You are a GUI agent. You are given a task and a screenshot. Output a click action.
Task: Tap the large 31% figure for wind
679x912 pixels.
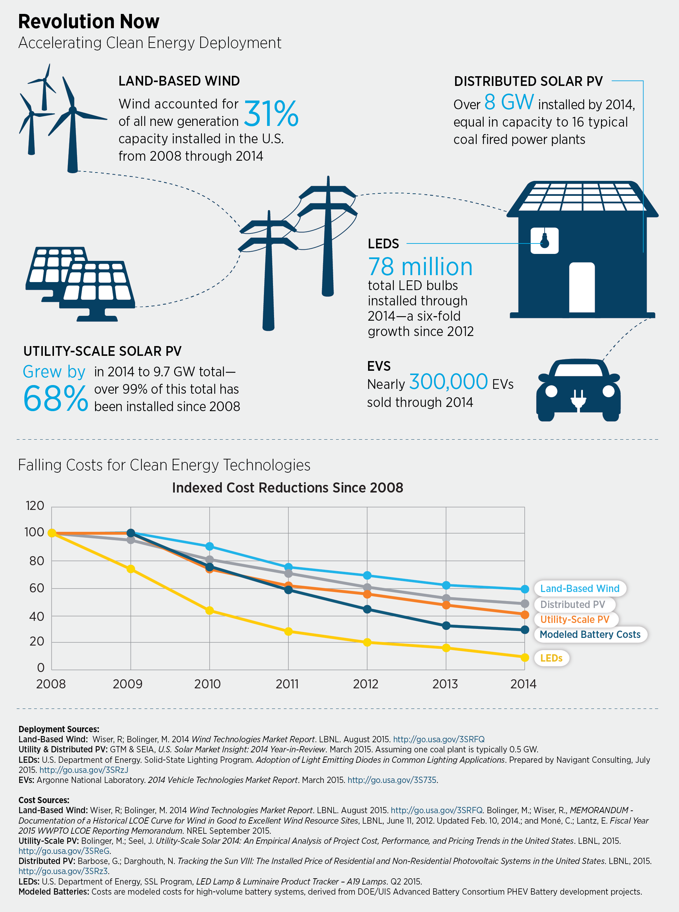click(271, 113)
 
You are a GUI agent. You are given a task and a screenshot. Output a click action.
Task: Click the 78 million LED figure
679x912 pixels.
click(420, 267)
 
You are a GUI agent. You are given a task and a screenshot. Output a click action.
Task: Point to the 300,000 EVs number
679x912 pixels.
click(448, 382)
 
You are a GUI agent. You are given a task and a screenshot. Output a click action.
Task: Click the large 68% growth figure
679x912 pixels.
click(55, 399)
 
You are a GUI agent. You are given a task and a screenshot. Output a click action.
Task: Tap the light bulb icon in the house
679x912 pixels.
click(544, 241)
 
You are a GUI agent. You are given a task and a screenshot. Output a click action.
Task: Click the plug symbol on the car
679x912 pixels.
click(578, 399)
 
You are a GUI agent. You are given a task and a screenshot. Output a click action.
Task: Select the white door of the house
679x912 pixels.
click(582, 287)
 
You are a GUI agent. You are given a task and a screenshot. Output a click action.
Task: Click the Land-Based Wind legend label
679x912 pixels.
click(579, 589)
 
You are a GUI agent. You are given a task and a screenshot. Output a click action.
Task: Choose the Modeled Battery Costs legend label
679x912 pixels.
click(590, 634)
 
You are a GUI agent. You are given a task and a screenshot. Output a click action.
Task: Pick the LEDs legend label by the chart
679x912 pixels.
click(551, 658)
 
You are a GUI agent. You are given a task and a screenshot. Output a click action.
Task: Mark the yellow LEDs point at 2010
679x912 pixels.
click(210, 610)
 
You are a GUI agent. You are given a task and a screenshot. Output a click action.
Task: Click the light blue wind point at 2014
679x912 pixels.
click(524, 589)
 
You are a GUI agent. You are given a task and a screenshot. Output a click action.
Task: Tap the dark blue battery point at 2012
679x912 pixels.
click(367, 609)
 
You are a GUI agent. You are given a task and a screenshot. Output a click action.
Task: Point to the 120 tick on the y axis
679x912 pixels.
click(35, 505)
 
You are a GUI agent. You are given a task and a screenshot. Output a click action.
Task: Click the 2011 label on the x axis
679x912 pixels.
click(287, 684)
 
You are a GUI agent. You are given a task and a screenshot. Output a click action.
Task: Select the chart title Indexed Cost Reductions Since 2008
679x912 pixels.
click(287, 487)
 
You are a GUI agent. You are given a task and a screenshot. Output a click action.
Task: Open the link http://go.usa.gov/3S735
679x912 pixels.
click(392, 780)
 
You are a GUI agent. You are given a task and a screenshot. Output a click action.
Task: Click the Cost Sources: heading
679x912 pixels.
click(44, 800)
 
